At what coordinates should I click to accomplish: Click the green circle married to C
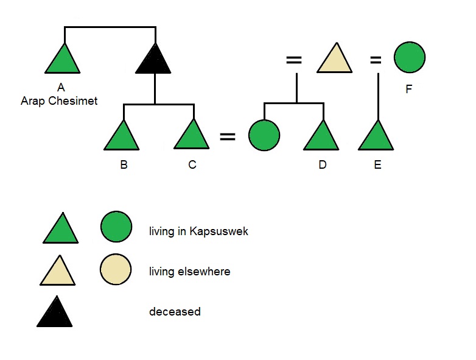coord(264,135)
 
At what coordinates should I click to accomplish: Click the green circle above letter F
coord(409,58)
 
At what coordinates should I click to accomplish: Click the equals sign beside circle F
coord(376,60)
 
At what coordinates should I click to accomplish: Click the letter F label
coord(409,90)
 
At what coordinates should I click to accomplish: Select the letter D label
coord(322,165)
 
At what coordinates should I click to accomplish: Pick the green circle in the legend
coord(116,226)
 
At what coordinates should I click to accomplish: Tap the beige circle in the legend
coord(116,269)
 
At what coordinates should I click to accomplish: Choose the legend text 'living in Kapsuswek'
coord(198,231)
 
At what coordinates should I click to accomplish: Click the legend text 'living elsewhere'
coord(189,272)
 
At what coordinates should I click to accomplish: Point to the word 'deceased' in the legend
coord(175,311)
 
